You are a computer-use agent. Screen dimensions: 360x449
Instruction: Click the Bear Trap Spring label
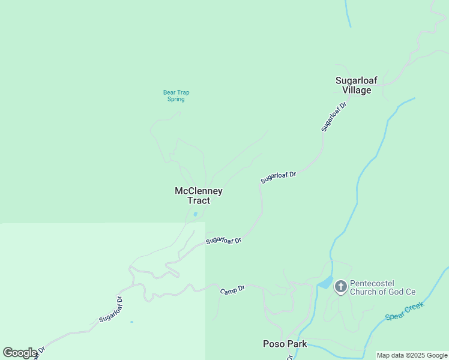[x=176, y=95]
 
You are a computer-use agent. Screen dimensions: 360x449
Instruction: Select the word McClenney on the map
[x=199, y=191]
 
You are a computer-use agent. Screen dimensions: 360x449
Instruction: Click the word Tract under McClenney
[x=199, y=201]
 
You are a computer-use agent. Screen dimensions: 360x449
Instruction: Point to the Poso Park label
[x=285, y=344]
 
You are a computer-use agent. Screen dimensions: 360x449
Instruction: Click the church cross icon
[x=340, y=287]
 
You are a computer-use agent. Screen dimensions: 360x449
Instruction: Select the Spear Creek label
[x=405, y=311]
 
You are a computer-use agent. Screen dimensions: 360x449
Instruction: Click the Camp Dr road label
[x=232, y=290]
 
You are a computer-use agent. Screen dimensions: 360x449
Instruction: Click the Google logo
[x=19, y=353]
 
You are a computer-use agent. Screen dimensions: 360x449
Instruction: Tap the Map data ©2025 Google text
[x=412, y=355]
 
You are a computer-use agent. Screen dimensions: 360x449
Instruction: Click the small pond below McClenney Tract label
[x=196, y=214]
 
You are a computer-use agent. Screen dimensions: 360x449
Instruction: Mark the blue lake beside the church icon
[x=324, y=282]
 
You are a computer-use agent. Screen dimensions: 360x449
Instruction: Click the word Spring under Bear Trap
[x=176, y=99]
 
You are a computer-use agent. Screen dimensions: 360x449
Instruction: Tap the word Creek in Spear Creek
[x=414, y=307]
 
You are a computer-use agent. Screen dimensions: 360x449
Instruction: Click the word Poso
[x=273, y=344]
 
